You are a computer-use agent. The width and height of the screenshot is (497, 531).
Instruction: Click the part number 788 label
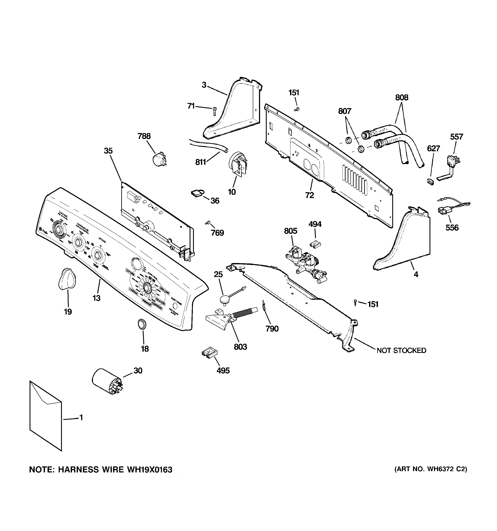(x=144, y=136)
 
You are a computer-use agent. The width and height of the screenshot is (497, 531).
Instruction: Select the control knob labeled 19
(x=67, y=279)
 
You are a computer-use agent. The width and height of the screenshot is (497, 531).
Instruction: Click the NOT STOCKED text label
(x=401, y=350)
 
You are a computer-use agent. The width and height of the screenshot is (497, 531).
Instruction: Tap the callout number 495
(x=223, y=371)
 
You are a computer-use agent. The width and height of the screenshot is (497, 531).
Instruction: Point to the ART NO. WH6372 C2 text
(x=431, y=469)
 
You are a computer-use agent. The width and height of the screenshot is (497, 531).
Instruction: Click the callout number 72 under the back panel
(x=310, y=195)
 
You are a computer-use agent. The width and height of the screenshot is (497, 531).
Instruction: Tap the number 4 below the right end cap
(x=416, y=274)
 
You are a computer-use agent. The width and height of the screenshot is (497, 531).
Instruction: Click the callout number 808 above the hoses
(x=402, y=97)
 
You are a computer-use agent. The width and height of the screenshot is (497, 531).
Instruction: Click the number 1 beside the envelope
(x=81, y=417)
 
